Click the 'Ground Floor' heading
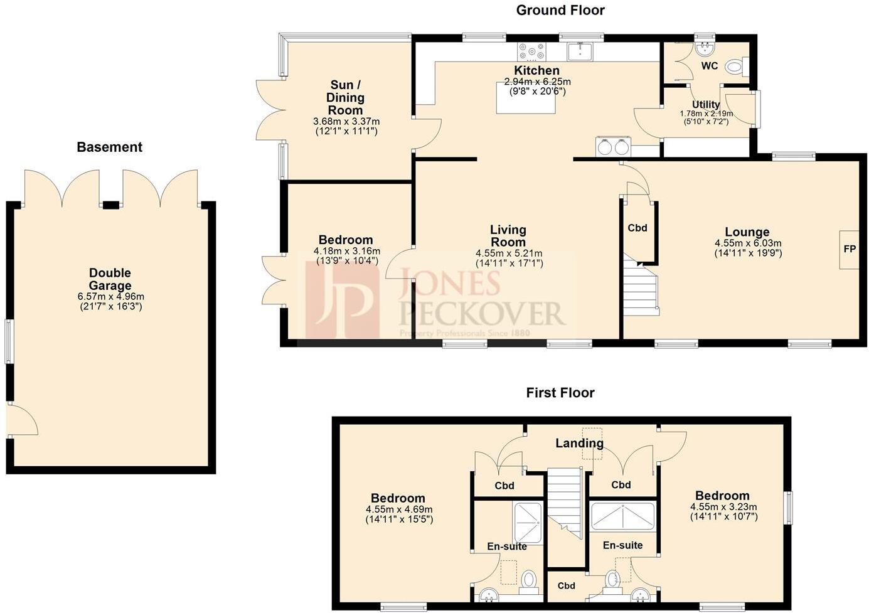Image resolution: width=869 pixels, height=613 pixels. (x=560, y=10)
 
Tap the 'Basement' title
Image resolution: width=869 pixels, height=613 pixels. (x=109, y=147)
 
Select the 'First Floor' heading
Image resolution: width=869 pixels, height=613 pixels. (x=560, y=393)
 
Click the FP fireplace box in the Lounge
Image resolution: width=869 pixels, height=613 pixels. (x=849, y=250)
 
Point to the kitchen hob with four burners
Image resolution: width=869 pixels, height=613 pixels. (x=531, y=50)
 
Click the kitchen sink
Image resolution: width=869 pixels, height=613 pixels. (x=580, y=50)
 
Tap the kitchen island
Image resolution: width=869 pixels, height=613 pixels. (x=526, y=100)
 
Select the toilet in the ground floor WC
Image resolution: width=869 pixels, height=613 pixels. (x=735, y=66)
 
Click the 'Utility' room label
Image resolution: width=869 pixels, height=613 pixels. (x=706, y=105)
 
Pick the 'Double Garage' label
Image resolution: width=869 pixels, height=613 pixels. (x=110, y=279)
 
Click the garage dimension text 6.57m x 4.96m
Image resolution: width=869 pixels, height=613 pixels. (x=110, y=297)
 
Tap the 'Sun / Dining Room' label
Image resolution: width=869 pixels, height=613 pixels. (x=345, y=97)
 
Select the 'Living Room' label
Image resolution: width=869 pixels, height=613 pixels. (x=508, y=236)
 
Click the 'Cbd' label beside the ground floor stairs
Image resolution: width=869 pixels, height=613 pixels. (x=637, y=228)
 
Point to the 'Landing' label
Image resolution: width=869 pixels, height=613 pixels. (x=579, y=444)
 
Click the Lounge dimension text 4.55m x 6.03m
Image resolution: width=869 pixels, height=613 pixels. (x=748, y=243)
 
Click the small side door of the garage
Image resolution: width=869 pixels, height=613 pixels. (x=21, y=419)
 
